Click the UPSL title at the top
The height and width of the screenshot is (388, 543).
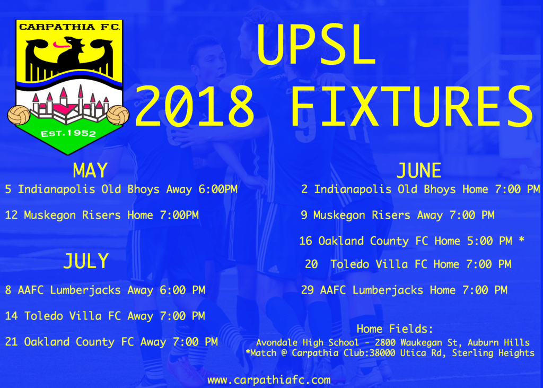pos(316,45)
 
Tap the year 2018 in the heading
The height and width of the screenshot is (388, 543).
pos(194,106)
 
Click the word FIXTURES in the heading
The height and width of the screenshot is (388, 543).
pos(412,106)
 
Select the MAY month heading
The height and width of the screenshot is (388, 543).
pos(90,170)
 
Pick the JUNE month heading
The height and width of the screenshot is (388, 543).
pos(419,170)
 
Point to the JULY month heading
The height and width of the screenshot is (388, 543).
pos(86,261)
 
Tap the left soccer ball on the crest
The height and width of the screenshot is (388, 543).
pos(19,115)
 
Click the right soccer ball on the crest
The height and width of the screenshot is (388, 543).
pos(118,115)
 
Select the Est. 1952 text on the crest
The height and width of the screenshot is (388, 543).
pos(68,134)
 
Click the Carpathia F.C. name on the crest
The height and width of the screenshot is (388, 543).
pos(69,27)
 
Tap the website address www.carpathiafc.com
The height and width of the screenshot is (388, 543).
pos(269,380)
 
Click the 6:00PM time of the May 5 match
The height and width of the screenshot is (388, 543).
pos(218,189)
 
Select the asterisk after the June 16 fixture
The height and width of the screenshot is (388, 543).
pos(521,239)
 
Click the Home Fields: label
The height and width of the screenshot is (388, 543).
pos(395,329)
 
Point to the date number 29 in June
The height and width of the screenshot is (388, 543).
pos(307,290)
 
